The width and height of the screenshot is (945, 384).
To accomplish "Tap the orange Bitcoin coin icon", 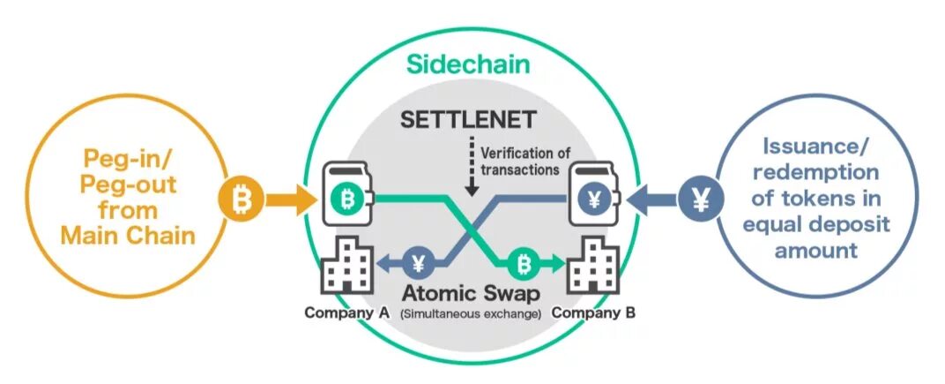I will click(241, 200).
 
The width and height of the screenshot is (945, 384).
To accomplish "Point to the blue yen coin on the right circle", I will click(702, 200).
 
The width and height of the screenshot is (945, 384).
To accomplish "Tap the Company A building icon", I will click(346, 265).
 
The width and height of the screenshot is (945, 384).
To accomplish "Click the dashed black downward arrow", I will click(472, 165).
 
